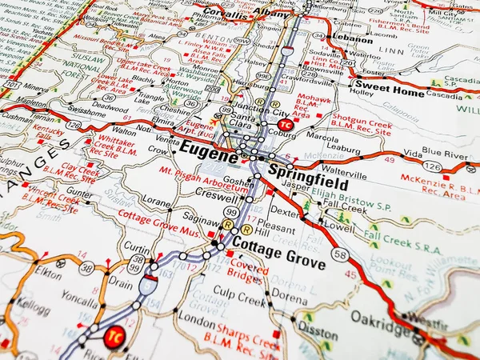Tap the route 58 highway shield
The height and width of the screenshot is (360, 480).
tap(341, 254)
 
